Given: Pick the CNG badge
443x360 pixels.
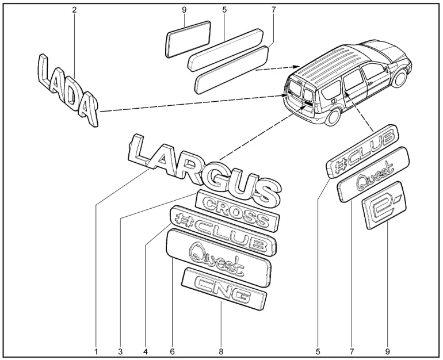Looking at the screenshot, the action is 224,289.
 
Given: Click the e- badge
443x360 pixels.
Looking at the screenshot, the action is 384,205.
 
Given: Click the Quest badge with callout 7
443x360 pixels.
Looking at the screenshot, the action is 373,174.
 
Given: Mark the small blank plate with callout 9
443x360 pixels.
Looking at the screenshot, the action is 188,39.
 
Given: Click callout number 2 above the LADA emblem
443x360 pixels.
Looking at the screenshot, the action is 74,10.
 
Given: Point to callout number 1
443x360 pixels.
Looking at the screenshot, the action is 96,351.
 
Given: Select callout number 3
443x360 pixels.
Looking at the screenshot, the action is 120,351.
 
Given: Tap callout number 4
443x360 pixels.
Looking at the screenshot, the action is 146,351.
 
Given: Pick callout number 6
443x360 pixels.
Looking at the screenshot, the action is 173,351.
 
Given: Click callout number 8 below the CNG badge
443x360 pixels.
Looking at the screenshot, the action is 221,351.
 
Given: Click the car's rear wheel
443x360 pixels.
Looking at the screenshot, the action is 333,117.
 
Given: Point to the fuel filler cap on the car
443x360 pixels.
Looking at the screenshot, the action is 334,101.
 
